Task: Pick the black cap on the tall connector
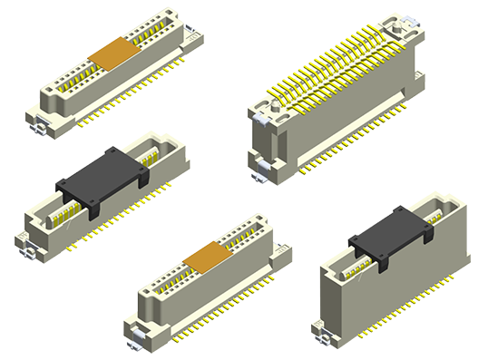point(389,238)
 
